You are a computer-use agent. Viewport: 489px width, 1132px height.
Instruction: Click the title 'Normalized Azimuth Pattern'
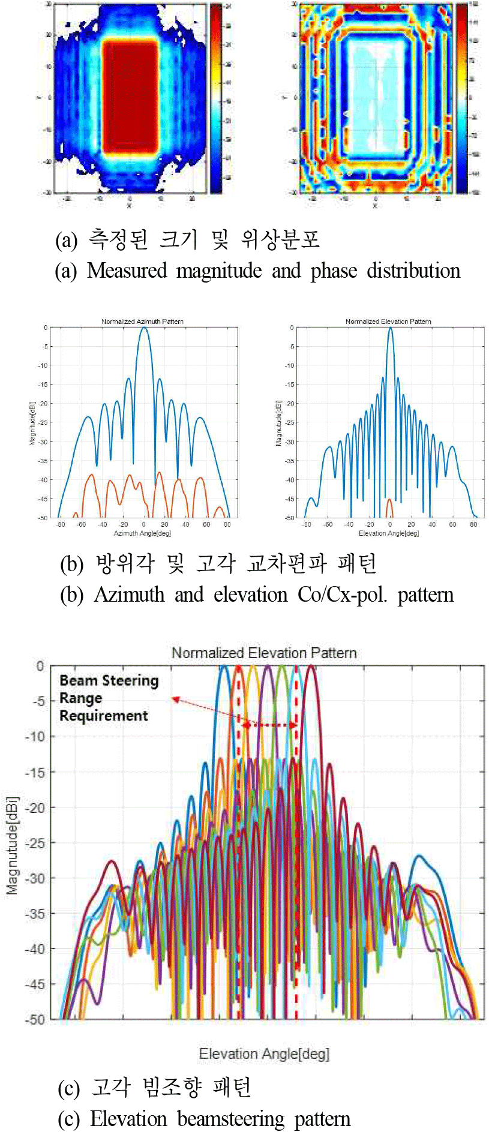(142, 322)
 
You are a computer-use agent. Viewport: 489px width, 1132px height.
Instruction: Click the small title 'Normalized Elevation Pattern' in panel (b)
(388, 322)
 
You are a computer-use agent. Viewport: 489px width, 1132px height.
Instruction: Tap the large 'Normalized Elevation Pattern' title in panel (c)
(264, 653)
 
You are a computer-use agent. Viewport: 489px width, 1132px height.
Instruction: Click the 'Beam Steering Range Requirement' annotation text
(108, 698)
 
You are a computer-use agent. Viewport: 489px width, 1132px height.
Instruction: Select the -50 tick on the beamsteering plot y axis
(36, 1019)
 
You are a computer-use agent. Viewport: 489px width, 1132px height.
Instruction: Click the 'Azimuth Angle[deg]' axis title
(142, 533)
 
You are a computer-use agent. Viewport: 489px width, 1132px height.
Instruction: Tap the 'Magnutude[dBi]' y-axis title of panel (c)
(13, 846)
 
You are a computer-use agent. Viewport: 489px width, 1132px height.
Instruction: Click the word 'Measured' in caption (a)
(127, 271)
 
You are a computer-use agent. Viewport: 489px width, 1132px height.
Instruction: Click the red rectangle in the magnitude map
(130, 97)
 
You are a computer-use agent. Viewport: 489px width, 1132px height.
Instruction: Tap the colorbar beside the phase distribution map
(462, 98)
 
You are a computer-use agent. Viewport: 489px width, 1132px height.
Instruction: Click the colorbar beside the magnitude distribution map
(216, 98)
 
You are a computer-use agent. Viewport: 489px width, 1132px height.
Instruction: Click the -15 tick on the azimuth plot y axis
(44, 385)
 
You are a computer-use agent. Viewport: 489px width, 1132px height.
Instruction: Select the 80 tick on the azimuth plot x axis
(227, 524)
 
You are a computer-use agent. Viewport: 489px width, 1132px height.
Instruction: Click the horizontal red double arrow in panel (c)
(269, 725)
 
